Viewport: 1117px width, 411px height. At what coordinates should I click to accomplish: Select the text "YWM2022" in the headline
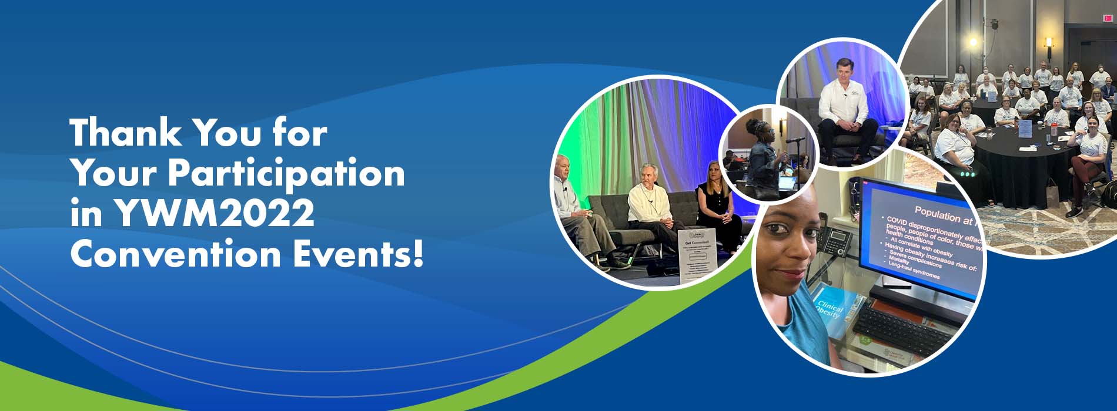click(x=215, y=214)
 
